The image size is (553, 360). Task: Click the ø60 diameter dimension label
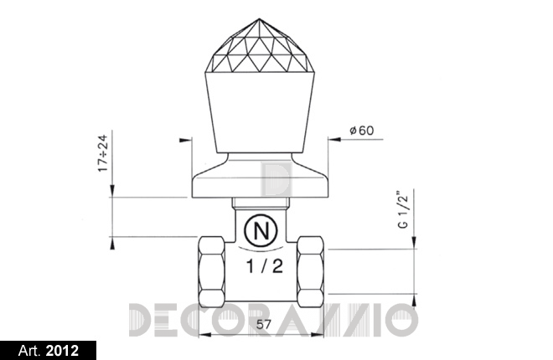click(x=361, y=131)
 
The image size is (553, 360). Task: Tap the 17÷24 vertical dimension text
click(x=103, y=153)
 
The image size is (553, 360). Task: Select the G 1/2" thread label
click(x=403, y=210)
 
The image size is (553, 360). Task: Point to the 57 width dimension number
click(x=263, y=324)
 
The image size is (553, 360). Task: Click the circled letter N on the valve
click(x=261, y=231)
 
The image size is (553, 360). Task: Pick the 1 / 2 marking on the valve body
click(x=265, y=266)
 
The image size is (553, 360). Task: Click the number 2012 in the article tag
click(x=62, y=351)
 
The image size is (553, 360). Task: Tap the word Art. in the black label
click(x=29, y=351)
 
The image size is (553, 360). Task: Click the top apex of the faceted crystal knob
click(x=259, y=18)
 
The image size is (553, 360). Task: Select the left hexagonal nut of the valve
click(x=211, y=271)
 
